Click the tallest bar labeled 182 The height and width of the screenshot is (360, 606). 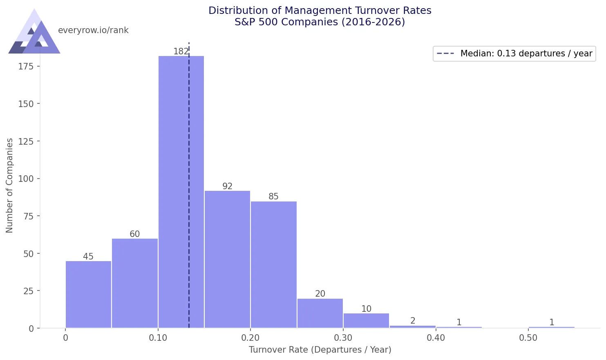tap(181, 192)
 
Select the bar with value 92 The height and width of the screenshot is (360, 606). tap(227, 259)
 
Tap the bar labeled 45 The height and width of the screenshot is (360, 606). tap(88, 295)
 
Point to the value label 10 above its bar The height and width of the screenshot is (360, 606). tap(366, 309)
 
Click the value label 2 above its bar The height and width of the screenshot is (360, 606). tap(413, 321)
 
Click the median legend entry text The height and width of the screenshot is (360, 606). tap(526, 54)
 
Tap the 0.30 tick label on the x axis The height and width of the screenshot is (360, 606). tap(343, 338)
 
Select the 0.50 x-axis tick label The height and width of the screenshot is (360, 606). tap(528, 338)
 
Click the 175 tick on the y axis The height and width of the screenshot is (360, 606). tap(26, 66)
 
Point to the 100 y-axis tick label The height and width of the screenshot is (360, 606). tap(26, 179)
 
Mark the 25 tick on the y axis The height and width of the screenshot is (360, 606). tap(28, 291)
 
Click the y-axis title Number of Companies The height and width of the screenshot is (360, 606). tap(9, 185)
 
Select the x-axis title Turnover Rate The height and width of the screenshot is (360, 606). tap(320, 350)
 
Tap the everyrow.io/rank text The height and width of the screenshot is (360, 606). tap(93, 30)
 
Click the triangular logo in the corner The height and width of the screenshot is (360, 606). tap(34, 33)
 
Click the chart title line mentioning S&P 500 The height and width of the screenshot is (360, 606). tap(320, 22)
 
